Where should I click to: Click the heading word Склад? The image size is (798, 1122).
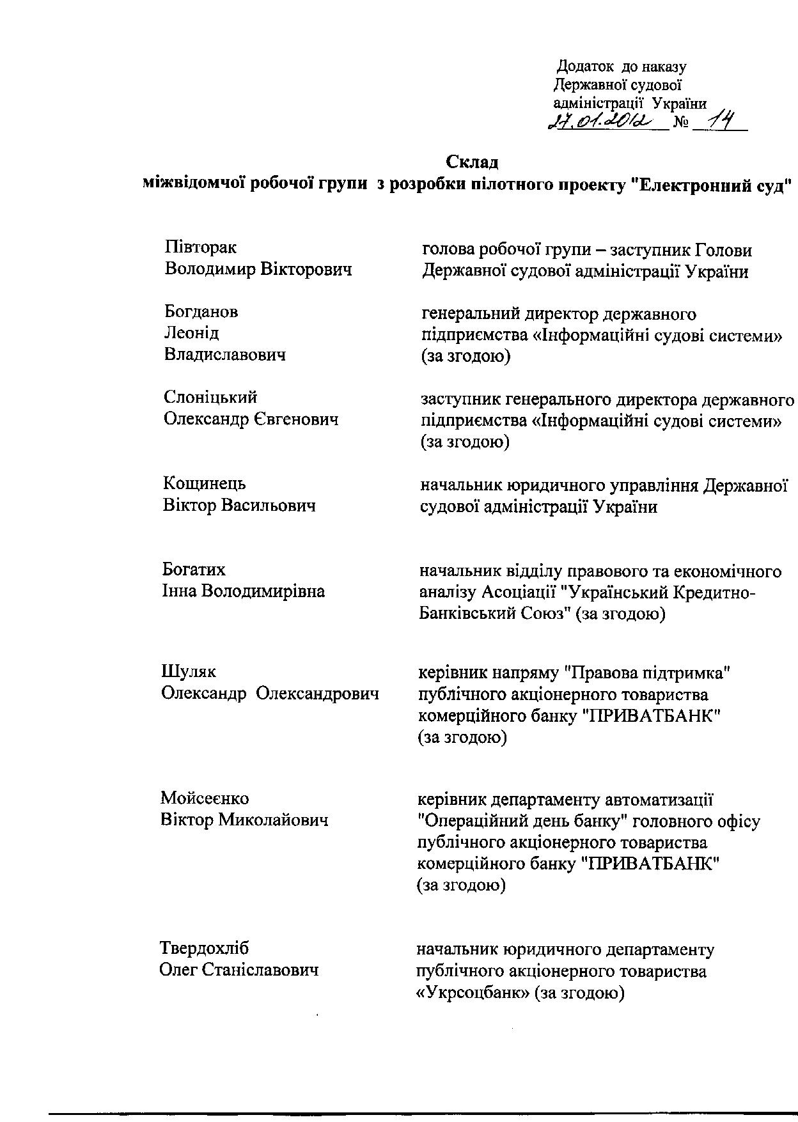coord(471,161)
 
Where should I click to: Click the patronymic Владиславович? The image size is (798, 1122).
coord(225,354)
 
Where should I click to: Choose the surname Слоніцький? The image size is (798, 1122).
coord(210,397)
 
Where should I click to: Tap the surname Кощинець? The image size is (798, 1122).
coord(204,483)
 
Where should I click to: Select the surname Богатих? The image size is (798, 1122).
coord(194,569)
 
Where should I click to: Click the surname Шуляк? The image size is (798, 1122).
coord(189,672)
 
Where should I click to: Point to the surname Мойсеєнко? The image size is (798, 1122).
coord(205,798)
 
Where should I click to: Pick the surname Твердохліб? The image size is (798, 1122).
coord(204,947)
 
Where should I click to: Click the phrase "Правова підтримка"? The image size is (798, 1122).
coord(646,673)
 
